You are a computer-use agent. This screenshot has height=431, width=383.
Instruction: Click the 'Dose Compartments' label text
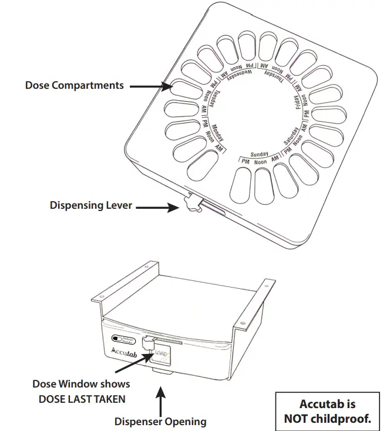point(75,85)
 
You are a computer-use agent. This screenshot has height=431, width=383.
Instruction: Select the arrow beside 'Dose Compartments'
point(150,86)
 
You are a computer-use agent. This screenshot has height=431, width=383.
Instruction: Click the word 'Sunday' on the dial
point(259,153)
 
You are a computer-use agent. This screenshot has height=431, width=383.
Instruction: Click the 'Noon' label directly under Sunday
point(259,161)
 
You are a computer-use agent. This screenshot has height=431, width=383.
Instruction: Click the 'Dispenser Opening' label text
point(160,421)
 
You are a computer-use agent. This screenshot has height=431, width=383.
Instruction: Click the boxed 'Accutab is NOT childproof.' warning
point(327,412)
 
